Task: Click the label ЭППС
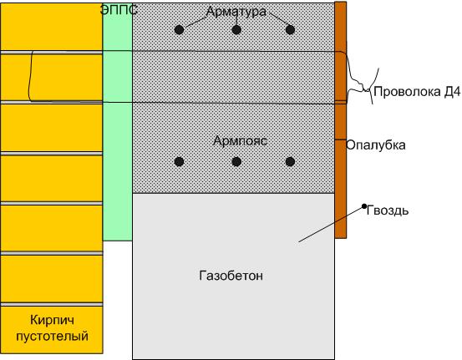point(119,10)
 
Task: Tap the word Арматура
point(236,12)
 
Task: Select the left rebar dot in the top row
point(179,30)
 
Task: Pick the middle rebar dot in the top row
point(236,30)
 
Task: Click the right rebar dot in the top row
point(290,30)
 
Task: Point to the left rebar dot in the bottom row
point(179,161)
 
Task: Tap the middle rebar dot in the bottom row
point(236,161)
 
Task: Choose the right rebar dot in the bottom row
point(290,161)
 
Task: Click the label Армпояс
point(240,141)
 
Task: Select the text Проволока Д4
point(417,92)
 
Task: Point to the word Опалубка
point(376,145)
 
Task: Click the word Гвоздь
point(388,210)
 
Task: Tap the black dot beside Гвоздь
point(364,206)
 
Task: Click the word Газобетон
point(231,276)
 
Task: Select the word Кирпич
point(52,320)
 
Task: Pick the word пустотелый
point(52,336)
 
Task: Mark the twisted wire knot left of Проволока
point(366,89)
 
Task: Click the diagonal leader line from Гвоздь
point(331,225)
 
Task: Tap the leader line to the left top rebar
point(195,23)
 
